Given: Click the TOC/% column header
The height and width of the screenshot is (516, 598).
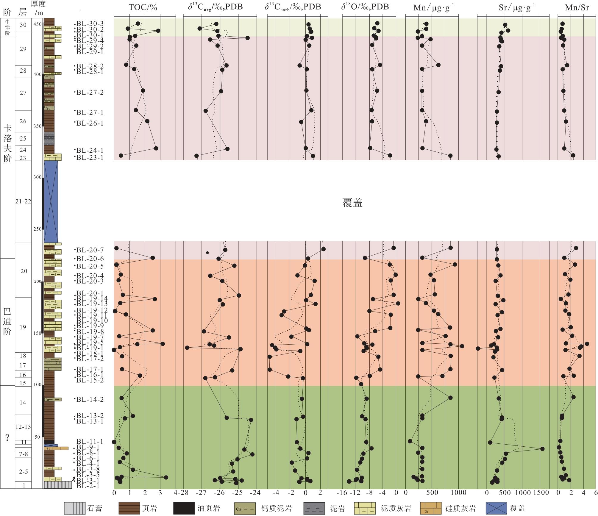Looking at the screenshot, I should pos(143,7).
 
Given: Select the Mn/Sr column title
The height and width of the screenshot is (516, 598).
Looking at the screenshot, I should pos(577,7).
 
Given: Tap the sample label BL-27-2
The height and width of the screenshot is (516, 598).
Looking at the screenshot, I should pos(90,93).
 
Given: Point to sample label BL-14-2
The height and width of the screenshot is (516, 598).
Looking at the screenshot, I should pos(90,399).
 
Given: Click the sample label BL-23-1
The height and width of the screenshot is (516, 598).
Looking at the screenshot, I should pos(90,157).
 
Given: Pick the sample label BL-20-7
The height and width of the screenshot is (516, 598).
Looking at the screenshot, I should pos(90,250).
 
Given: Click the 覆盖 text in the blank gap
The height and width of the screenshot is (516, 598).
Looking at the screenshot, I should pos(352,203).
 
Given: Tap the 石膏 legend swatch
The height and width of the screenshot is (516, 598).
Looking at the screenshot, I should pos(74,508).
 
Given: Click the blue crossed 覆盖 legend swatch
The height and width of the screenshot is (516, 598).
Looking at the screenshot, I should pos(496,508).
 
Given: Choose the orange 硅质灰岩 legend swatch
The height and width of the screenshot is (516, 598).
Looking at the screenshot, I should pos(431,508).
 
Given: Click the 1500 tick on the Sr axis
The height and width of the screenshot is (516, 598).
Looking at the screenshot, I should pos(541,492).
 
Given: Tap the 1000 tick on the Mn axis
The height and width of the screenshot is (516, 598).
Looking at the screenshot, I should pos(458,492).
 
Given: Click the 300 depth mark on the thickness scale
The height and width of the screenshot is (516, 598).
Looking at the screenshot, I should pos(38,177).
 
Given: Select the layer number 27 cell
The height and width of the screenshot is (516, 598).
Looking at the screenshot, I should pos(23,93).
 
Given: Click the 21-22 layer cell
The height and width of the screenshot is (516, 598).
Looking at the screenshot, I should pos(23,201).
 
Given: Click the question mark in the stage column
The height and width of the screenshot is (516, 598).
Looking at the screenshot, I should pos(7,437).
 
